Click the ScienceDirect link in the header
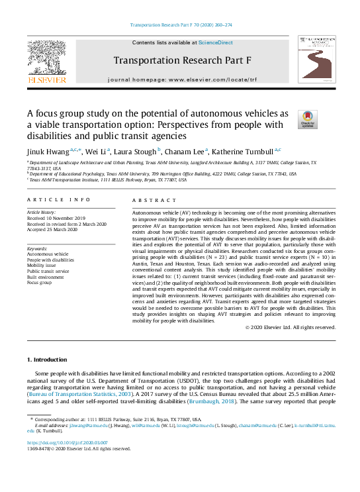(x=216, y=42)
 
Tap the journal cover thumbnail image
(x=315, y=61)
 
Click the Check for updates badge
(x=308, y=119)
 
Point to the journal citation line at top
(x=180, y=25)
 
